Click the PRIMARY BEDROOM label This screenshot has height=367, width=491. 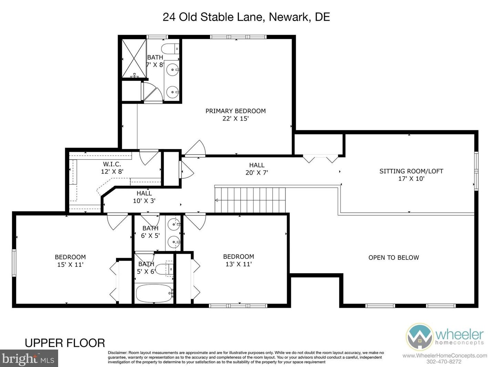click(x=236, y=111)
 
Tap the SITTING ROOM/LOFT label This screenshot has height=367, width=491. click(x=411, y=171)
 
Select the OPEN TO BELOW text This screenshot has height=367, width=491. click(x=394, y=258)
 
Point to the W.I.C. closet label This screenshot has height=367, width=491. click(x=112, y=164)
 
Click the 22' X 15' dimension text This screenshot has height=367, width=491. click(x=236, y=118)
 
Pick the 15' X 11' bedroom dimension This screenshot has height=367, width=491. click(x=70, y=264)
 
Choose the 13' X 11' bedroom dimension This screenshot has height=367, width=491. click(x=239, y=264)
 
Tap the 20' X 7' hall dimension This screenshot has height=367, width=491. click(x=257, y=172)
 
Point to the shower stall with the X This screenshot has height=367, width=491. click(x=134, y=59)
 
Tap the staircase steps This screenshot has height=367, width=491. click(x=250, y=200)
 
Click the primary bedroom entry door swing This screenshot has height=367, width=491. click(x=195, y=148)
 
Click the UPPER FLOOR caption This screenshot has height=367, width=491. click(x=65, y=343)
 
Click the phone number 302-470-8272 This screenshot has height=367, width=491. click(x=444, y=361)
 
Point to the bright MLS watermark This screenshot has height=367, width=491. click(x=29, y=358)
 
